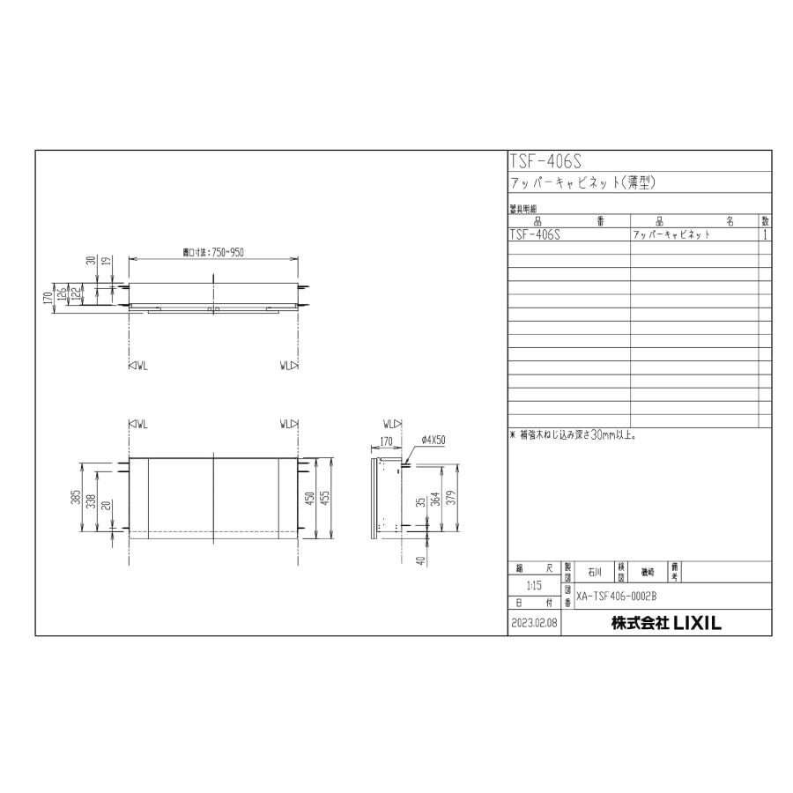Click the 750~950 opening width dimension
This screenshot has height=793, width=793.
coord(213,252)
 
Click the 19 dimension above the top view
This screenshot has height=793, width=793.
coord(105,261)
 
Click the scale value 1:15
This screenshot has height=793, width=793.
coord(534,585)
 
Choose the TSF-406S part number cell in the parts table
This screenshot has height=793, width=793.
coord(536,235)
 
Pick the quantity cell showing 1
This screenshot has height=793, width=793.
coord(766,235)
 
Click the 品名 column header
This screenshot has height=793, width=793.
coord(694,222)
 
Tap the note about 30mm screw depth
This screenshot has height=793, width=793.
coord(574,434)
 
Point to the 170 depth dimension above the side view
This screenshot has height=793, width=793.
coord(386,439)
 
